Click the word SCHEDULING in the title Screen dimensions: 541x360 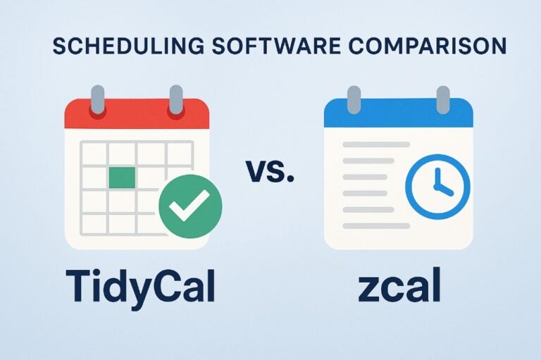pyautogui.click(x=128, y=46)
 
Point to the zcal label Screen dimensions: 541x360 pyautogui.click(x=399, y=285)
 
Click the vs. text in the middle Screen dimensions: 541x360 pyautogui.click(x=270, y=170)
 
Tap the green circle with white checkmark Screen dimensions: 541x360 pyautogui.click(x=190, y=206)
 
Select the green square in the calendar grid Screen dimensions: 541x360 pyautogui.click(x=122, y=178)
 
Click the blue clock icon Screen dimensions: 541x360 pyautogui.click(x=437, y=187)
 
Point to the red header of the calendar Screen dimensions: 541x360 pyautogui.click(x=137, y=114)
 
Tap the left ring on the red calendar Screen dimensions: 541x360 pyautogui.click(x=97, y=99)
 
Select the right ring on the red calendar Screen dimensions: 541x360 pyautogui.click(x=176, y=99)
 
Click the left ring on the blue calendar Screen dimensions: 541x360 pyautogui.click(x=354, y=100)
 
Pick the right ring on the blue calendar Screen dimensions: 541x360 pyautogui.click(x=443, y=100)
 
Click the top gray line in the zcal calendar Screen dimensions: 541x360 pyautogui.click(x=376, y=144)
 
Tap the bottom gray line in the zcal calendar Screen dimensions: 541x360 pyautogui.click(x=376, y=226)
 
